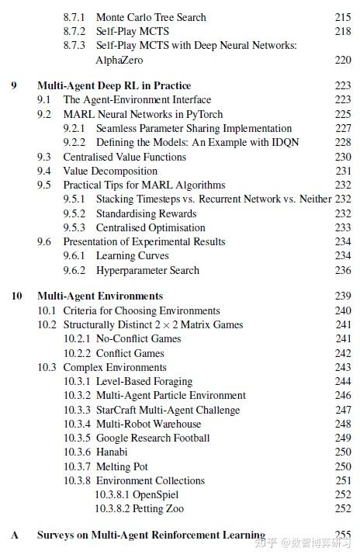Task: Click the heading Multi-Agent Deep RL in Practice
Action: click(114, 85)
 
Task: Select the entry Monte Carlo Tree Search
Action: click(151, 17)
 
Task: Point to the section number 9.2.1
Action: click(77, 128)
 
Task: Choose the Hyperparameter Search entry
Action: click(147, 270)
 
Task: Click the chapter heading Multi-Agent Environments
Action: click(100, 296)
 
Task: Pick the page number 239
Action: click(343, 296)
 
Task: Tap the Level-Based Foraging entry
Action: click(144, 381)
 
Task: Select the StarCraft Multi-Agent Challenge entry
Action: click(168, 410)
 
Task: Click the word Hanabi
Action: click(112, 452)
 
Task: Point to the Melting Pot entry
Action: click(123, 466)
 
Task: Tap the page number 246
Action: click(343, 395)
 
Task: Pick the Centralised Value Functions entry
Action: click(125, 157)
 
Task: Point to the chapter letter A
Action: click(16, 535)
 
